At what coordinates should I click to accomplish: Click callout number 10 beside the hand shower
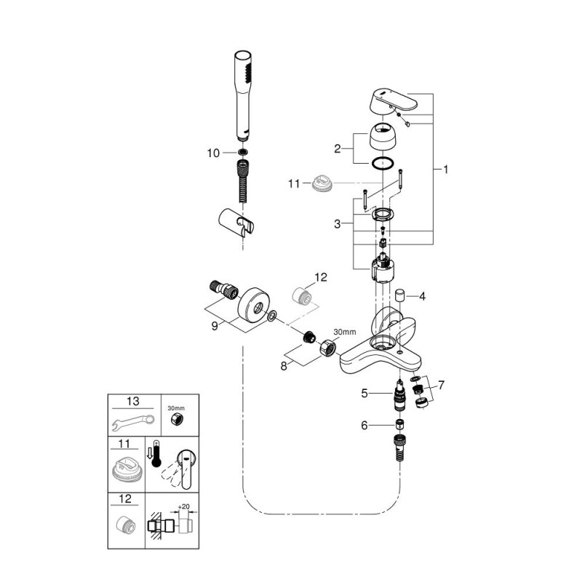(213, 153)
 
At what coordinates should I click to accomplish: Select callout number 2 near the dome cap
(337, 148)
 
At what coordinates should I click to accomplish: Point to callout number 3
(337, 224)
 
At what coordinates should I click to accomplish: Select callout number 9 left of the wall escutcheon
(214, 326)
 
